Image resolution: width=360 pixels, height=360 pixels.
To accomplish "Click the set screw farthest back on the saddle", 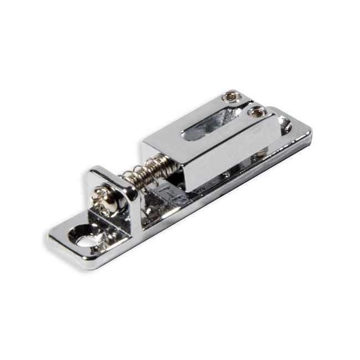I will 231,97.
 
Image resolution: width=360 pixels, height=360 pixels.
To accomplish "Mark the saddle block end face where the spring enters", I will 163,158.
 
